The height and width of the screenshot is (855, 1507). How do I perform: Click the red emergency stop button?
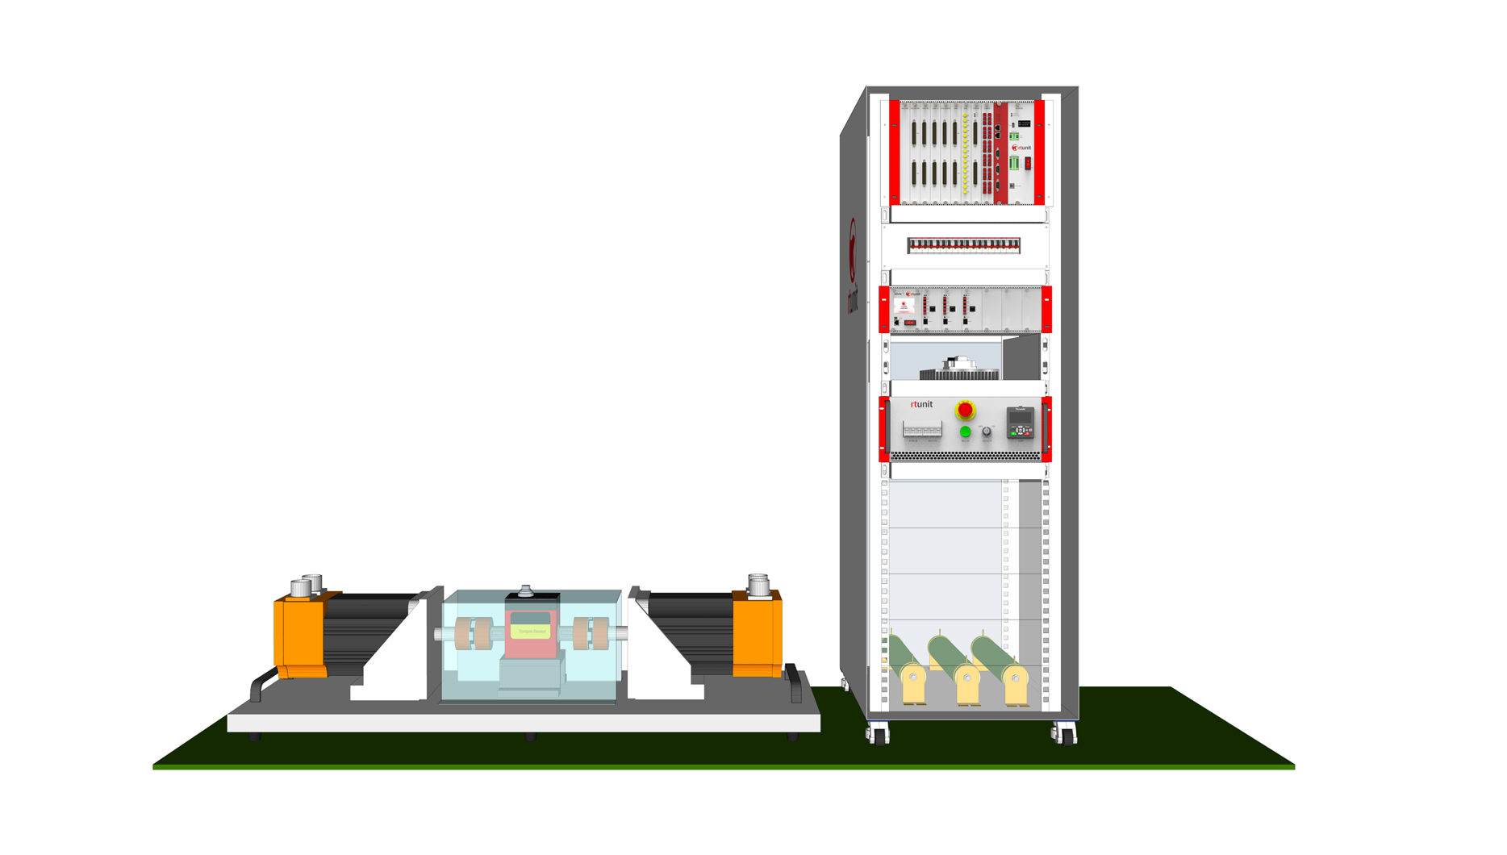pyautogui.click(x=965, y=411)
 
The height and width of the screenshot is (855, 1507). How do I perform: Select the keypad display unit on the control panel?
pyautogui.click(x=1021, y=423)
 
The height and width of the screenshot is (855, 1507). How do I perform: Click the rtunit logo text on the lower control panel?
pyautogui.click(x=921, y=404)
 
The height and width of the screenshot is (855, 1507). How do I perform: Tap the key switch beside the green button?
pyautogui.click(x=987, y=432)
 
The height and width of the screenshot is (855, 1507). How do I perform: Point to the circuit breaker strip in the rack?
pyautogui.click(x=963, y=245)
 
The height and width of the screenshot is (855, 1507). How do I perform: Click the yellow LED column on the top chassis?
pyautogui.click(x=965, y=153)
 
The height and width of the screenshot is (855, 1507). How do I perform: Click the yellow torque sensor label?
pyautogui.click(x=532, y=631)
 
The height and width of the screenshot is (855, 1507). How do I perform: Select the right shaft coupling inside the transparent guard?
pyautogui.click(x=591, y=634)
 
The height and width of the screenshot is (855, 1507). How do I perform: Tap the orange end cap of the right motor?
pyautogui.click(x=757, y=634)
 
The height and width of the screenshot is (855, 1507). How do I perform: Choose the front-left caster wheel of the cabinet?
pyautogui.click(x=879, y=734)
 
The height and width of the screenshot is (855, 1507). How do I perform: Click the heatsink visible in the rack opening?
pyautogui.click(x=960, y=370)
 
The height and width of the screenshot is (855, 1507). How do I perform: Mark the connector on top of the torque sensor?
pyautogui.click(x=526, y=591)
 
